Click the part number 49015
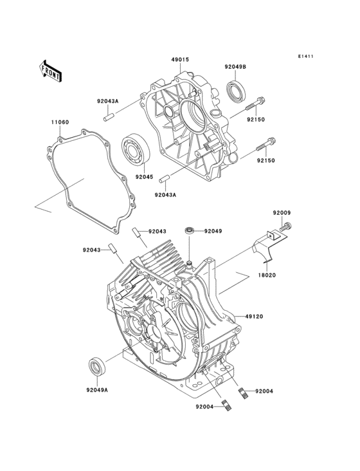(179, 60)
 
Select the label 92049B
(235, 66)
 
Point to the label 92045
(145, 177)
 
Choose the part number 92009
(282, 212)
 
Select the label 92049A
(97, 389)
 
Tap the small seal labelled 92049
(190, 230)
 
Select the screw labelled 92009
(287, 226)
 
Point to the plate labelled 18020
(264, 246)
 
